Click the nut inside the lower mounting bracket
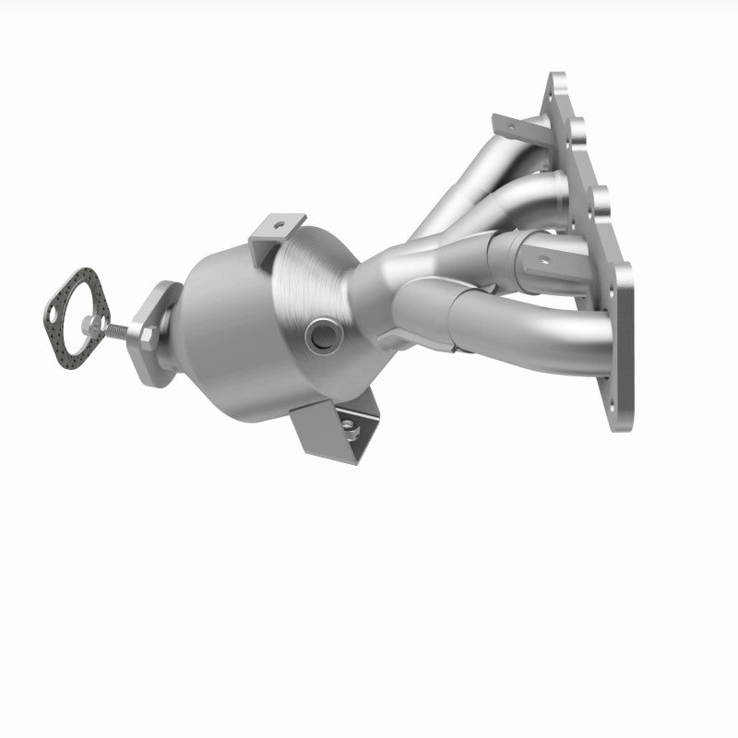pos(351,425)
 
